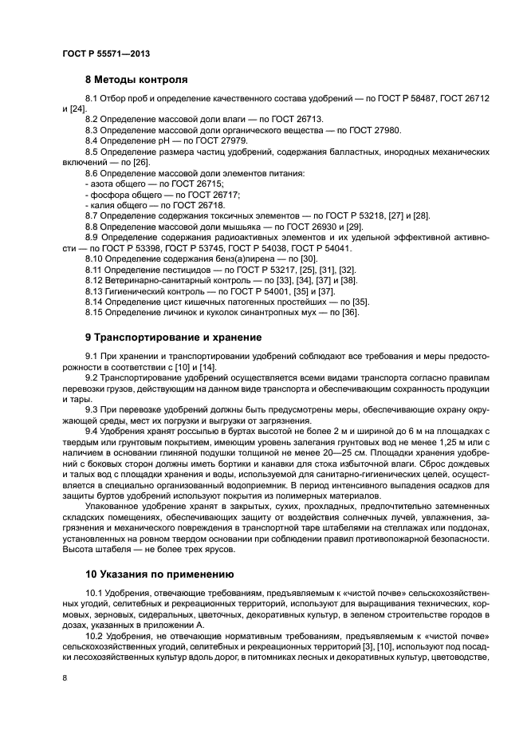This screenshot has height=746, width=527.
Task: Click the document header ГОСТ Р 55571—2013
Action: click(106, 53)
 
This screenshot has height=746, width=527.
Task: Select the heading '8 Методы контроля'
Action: click(136, 80)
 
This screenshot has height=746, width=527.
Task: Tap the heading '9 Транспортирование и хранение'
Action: click(173, 337)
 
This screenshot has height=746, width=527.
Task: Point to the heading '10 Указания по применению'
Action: click(159, 573)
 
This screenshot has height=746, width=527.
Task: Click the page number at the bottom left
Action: click(65, 677)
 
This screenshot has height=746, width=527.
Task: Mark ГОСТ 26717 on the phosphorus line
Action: click(208, 194)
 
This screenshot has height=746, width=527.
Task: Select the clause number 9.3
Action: click(93, 409)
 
